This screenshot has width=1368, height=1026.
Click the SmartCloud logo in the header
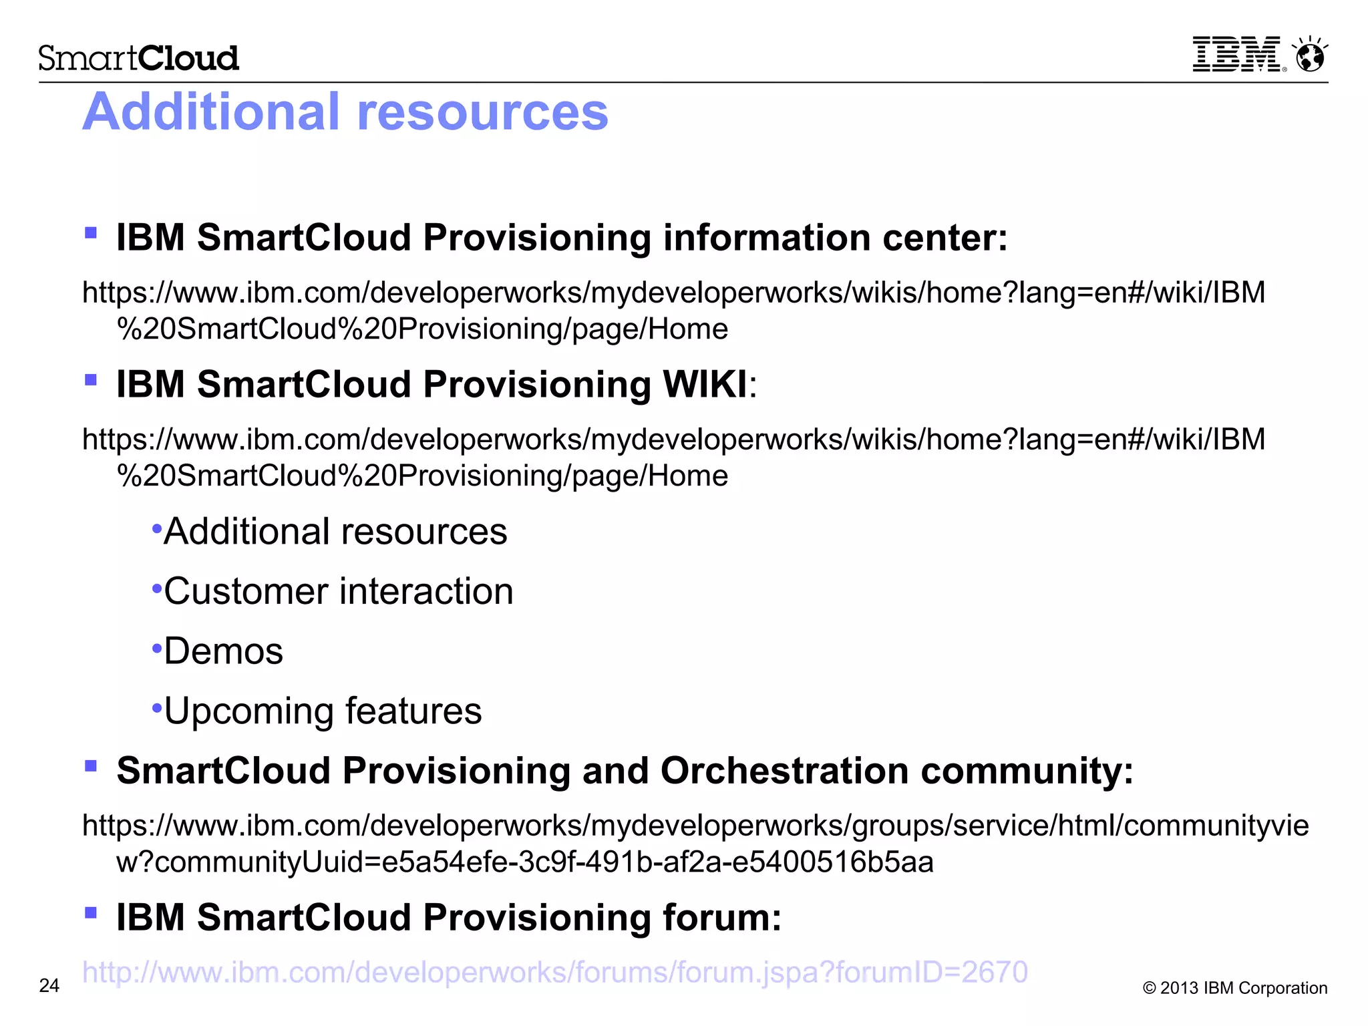click(138, 58)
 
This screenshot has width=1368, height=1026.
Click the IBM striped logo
click(1237, 54)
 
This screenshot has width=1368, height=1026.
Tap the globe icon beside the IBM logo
click(1310, 55)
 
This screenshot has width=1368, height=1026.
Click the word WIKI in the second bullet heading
click(705, 385)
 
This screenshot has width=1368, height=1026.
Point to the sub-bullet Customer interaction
click(338, 592)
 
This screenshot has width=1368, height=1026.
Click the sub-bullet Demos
click(223, 651)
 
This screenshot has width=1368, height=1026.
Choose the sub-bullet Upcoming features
click(323, 711)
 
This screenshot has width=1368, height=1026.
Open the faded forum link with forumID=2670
click(554, 973)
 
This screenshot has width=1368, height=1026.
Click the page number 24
click(49, 986)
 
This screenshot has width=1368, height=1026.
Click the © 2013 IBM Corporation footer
click(1234, 988)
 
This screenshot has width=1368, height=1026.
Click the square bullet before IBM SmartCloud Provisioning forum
click(92, 912)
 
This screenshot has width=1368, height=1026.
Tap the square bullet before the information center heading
click(92, 233)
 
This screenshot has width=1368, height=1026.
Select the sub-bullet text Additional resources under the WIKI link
click(335, 532)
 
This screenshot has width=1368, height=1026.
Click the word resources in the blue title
click(482, 112)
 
